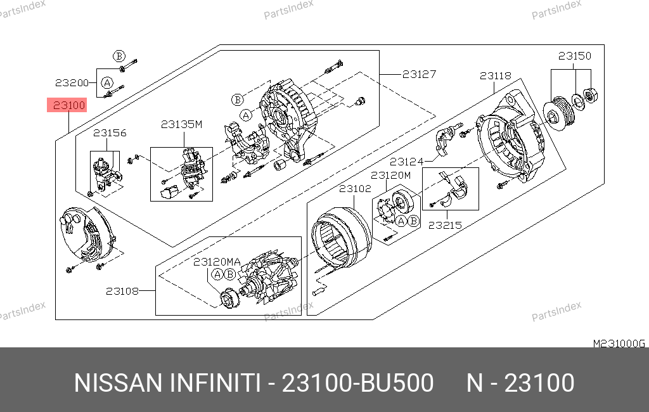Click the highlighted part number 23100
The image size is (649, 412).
(x=69, y=105)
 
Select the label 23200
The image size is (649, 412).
(x=72, y=83)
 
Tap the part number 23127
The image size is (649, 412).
(x=419, y=74)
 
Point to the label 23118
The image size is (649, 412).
(x=496, y=76)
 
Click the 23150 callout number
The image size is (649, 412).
(x=574, y=56)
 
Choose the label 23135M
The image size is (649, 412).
(x=181, y=124)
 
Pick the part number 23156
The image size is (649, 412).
(x=110, y=133)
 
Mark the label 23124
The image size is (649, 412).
(x=406, y=162)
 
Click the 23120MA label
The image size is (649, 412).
(x=217, y=262)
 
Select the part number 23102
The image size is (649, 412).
(x=355, y=189)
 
